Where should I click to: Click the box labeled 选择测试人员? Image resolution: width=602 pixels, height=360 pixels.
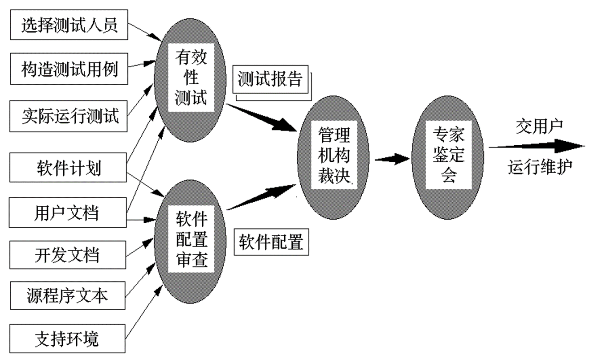(x=69, y=26)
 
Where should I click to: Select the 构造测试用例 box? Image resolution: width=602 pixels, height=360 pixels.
(x=69, y=69)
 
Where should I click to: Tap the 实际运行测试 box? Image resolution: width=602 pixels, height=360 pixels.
(x=69, y=116)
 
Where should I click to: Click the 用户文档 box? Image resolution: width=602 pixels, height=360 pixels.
(x=68, y=212)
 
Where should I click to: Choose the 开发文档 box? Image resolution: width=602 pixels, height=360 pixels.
(x=67, y=255)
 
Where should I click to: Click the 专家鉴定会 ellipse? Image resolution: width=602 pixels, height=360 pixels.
(x=449, y=154)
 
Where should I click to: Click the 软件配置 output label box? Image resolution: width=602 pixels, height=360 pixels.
(x=271, y=243)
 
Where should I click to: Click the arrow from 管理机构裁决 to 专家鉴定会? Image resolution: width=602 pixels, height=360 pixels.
(x=392, y=158)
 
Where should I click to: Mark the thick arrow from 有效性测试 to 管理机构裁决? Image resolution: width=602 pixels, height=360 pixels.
(x=264, y=118)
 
